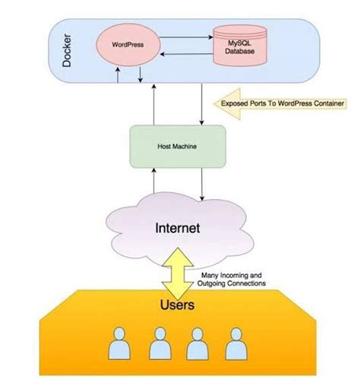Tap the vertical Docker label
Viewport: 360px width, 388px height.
67,49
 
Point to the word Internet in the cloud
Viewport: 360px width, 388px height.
178,226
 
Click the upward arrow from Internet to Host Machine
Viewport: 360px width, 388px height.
154,182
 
